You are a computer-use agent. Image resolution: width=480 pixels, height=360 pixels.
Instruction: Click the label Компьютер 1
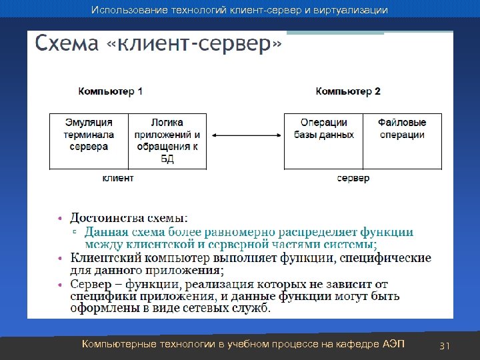(x=110, y=91)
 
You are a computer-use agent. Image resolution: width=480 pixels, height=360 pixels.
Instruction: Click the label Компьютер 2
(x=348, y=91)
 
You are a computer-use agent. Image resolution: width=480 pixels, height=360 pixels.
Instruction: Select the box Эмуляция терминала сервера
(x=89, y=141)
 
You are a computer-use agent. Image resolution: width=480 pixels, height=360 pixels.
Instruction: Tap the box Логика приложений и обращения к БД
(x=167, y=141)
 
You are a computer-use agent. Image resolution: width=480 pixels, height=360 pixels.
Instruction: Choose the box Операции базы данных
(x=323, y=141)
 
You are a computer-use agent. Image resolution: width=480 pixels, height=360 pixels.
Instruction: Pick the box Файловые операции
(x=402, y=141)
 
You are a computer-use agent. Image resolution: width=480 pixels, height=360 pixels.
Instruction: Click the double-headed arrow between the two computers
(x=245, y=135)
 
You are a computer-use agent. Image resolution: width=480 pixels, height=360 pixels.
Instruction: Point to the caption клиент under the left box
(x=118, y=178)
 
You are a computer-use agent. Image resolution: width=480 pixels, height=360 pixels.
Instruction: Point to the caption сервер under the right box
(x=353, y=178)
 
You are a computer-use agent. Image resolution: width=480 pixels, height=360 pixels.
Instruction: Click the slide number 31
(x=445, y=345)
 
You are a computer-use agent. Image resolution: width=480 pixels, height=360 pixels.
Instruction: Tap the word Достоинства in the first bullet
(x=103, y=217)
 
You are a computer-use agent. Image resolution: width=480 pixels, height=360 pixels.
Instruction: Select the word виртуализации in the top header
(x=350, y=11)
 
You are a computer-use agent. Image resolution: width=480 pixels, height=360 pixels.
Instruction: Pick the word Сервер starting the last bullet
(x=89, y=284)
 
